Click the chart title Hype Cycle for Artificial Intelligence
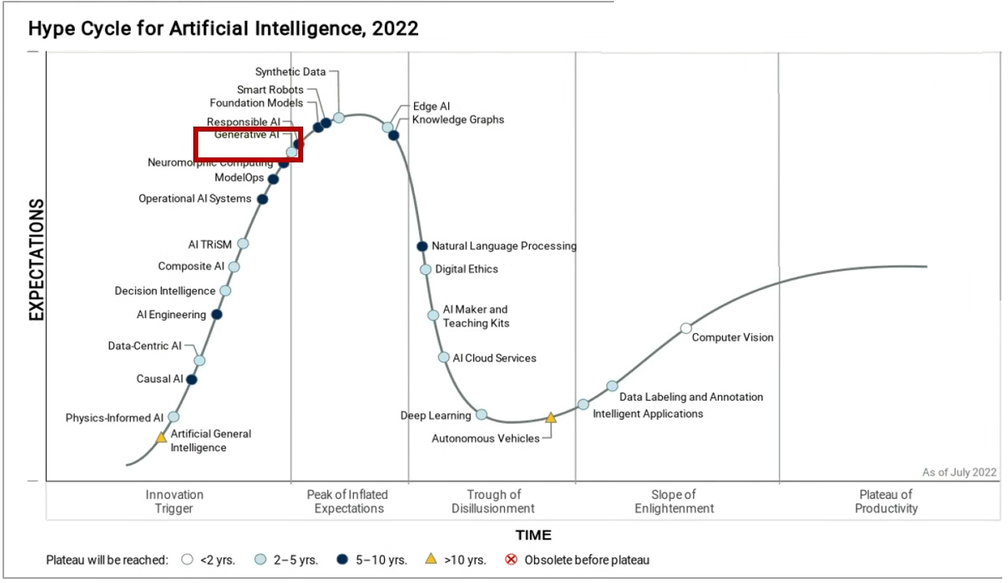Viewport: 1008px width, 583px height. click(x=223, y=28)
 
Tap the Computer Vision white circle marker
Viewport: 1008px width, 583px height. click(x=686, y=328)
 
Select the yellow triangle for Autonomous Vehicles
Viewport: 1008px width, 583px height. click(x=551, y=417)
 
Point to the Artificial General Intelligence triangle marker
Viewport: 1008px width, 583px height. click(x=162, y=436)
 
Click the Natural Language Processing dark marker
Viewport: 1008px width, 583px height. click(x=422, y=246)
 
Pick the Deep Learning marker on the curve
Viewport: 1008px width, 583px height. click(x=482, y=415)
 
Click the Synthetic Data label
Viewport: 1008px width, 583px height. click(x=291, y=72)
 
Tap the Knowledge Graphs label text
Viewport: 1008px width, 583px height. click(x=458, y=120)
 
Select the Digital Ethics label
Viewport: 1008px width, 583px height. click(x=467, y=269)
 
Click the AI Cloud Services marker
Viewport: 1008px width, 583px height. click(x=444, y=357)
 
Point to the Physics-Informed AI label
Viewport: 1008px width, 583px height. click(x=115, y=418)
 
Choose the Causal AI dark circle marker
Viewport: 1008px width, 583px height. click(x=192, y=380)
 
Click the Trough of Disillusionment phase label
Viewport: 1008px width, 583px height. click(x=493, y=501)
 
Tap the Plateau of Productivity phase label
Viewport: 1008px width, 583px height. click(x=886, y=501)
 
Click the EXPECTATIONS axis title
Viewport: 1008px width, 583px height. click(x=37, y=260)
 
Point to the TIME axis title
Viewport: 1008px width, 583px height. click(x=533, y=536)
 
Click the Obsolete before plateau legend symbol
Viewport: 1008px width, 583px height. click(x=511, y=560)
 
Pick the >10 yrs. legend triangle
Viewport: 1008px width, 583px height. click(x=431, y=559)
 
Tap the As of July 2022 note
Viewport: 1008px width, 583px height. click(x=959, y=472)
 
